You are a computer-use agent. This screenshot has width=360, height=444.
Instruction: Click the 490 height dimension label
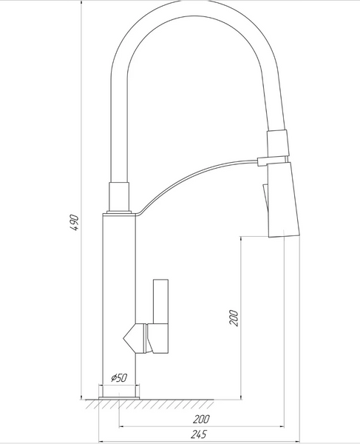75,223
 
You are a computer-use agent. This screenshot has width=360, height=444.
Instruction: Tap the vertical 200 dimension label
234,317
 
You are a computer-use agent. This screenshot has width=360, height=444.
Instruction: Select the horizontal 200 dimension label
201,419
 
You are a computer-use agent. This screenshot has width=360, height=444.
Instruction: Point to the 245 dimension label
199,434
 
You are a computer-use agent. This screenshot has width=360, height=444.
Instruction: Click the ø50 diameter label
119,377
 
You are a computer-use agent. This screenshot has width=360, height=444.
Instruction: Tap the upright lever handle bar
160,302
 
